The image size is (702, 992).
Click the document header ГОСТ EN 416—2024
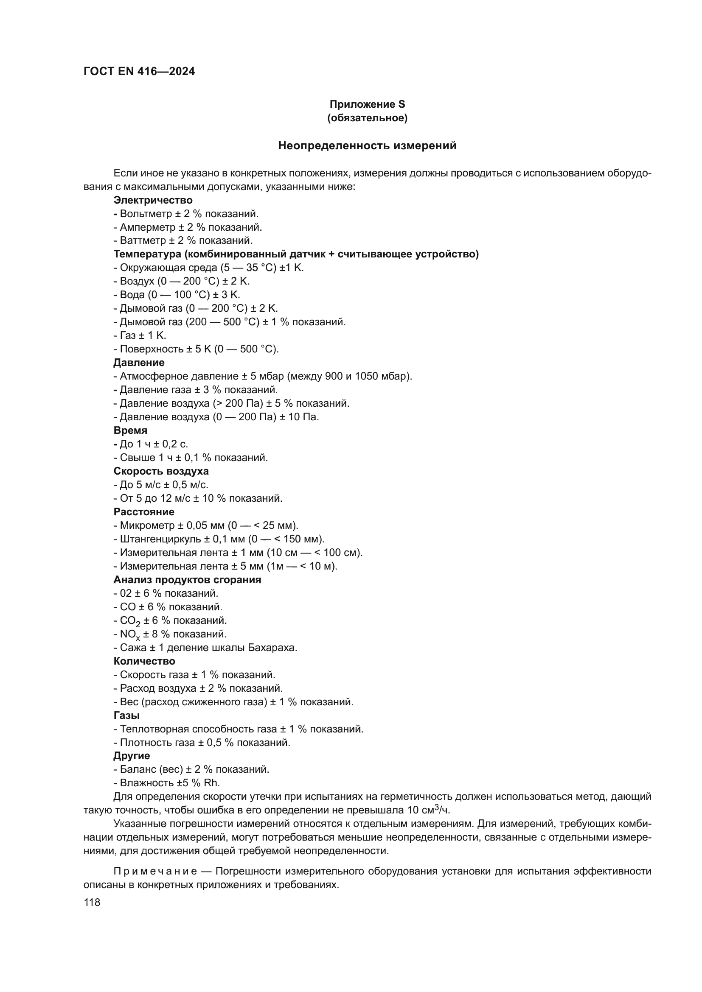coord(139,72)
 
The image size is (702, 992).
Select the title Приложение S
coord(367,104)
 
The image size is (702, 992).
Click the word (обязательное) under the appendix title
coord(367,118)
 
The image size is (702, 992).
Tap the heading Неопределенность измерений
coord(367,146)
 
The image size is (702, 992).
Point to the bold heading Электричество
coord(153,200)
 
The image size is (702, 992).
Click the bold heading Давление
coord(139,363)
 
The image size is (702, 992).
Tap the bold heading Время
coord(130,430)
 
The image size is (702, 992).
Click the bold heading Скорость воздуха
coord(161,471)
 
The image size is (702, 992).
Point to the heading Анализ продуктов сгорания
coord(187,580)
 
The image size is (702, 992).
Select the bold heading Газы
coord(126,715)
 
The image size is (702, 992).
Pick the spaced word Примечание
coord(155,871)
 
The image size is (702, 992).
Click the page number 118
coord(92,903)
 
